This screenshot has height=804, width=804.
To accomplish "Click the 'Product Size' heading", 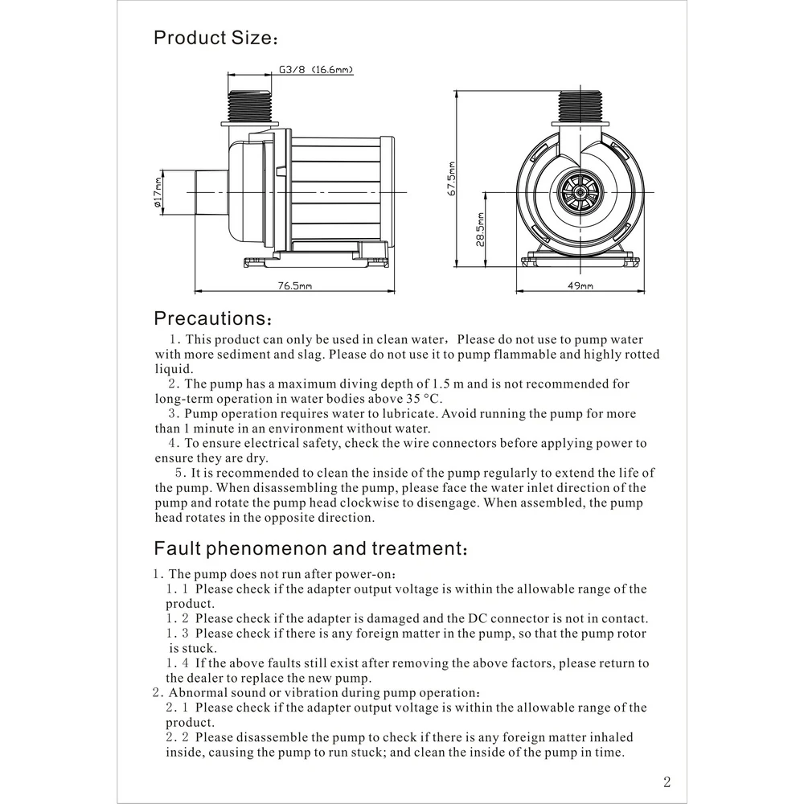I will pos(215,38).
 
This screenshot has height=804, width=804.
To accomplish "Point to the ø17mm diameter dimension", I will pos(158,192).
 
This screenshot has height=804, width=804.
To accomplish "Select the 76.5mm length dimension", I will pos(295,285).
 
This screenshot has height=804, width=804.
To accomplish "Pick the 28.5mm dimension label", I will pos(480,230).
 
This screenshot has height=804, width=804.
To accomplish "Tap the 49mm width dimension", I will pos(580,285).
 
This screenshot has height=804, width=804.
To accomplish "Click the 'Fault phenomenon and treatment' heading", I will pos(309,549).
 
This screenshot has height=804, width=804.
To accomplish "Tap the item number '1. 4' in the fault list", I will pos(177,663).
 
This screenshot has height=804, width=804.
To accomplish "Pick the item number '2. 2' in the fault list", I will pos(177,737).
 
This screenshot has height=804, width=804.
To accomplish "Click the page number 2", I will pos(667,781).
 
